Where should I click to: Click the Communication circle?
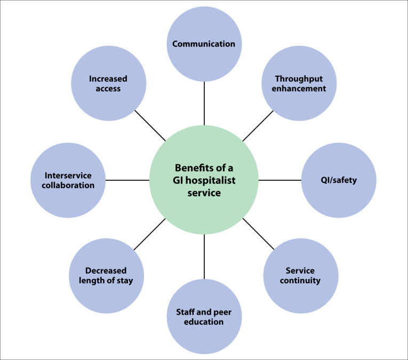click(x=204, y=44)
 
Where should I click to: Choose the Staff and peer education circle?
click(x=204, y=317)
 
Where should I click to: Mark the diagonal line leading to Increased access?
click(x=150, y=126)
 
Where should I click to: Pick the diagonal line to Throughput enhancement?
click(x=259, y=126)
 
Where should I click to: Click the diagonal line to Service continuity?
click(x=258, y=234)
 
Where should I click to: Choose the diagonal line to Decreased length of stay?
click(x=150, y=235)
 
